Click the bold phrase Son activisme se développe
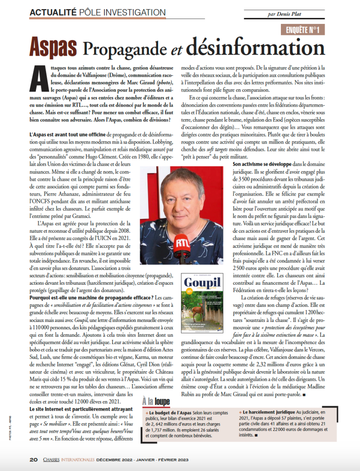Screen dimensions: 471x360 (259, 163)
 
